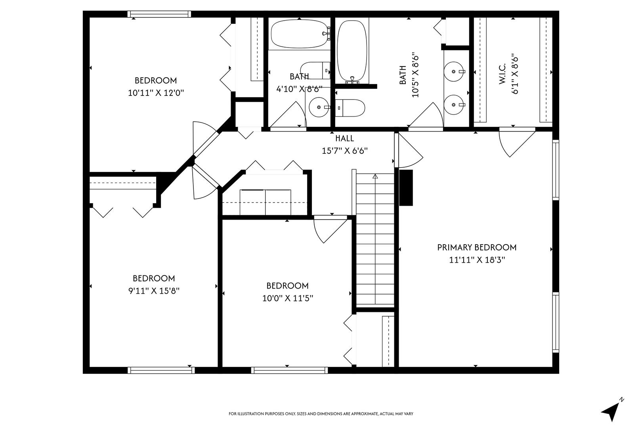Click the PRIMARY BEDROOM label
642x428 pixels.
477,248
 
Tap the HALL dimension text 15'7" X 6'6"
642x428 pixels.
344,151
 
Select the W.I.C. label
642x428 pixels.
502,74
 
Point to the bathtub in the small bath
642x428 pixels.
300,34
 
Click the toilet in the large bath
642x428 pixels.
350,108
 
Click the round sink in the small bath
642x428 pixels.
318,107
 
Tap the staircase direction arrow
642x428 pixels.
375,178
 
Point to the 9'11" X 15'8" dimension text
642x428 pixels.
154,291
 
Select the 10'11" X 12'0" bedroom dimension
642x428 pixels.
156,93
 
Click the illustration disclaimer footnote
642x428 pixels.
321,414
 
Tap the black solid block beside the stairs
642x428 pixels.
406,187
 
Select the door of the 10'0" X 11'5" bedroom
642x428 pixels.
329,229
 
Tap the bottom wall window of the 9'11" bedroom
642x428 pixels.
161,370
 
